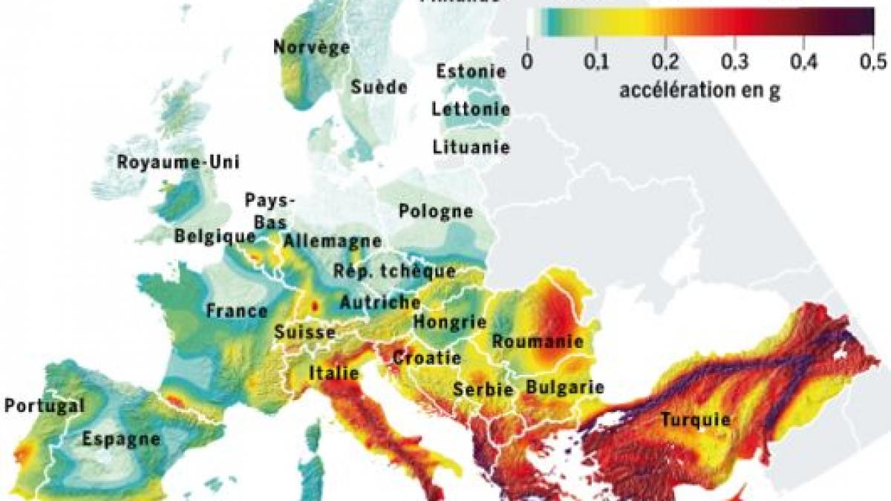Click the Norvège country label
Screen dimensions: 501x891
311,48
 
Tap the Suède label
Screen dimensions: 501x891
379,87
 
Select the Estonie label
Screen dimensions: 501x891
471,72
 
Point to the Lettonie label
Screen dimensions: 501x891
471,110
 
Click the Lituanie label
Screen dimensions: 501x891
471,147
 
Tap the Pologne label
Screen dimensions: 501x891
436,212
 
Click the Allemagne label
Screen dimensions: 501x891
332,241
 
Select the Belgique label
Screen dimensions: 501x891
215,236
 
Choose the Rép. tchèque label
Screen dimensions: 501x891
394,271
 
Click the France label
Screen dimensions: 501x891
237,310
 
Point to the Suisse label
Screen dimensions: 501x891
304,333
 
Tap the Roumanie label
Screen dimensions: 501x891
537,342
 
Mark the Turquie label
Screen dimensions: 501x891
696,420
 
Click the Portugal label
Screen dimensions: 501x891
44,406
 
